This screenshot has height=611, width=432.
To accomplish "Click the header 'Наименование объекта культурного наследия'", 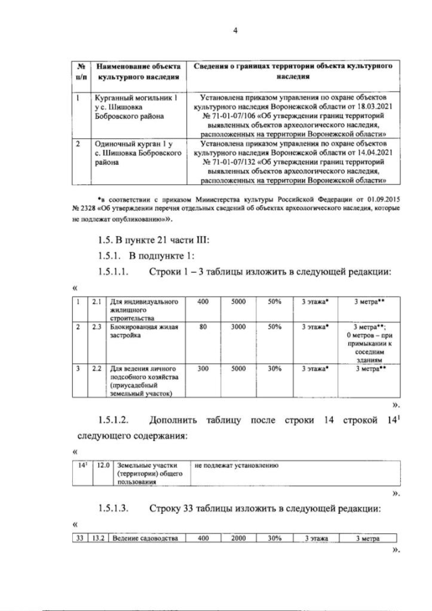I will (x=138, y=72).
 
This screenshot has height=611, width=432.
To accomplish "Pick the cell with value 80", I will (x=203, y=327).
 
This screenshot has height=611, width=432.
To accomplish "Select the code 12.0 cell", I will (x=103, y=465).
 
